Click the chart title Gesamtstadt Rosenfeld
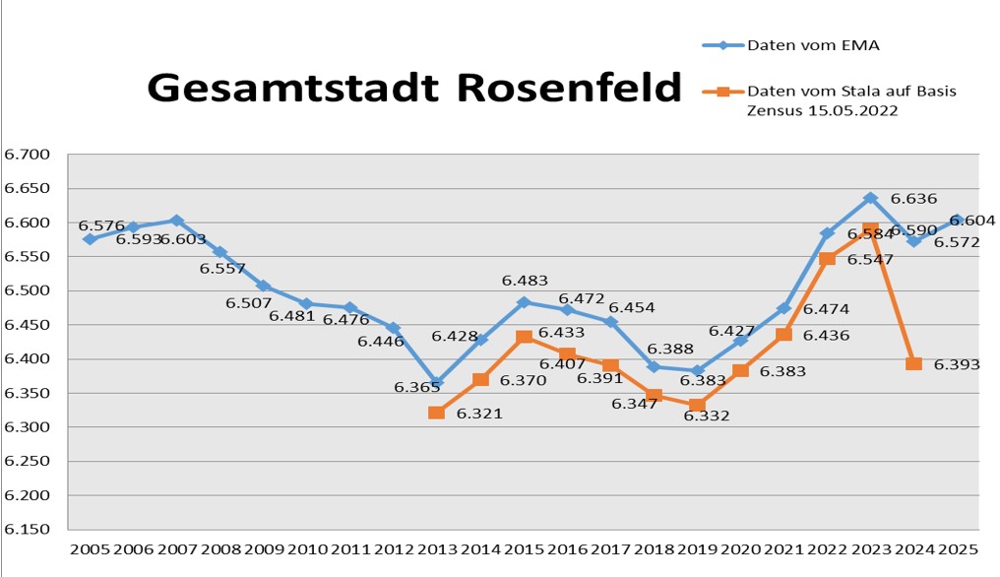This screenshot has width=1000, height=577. tap(413, 88)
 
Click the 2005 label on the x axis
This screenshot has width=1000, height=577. tap(90, 548)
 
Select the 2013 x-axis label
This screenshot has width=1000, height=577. tap(437, 548)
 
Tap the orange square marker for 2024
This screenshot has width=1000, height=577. tap(913, 363)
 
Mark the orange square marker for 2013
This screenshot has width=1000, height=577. tap(436, 413)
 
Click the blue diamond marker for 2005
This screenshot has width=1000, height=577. tap(90, 239)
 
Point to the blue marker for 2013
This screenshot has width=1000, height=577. tap(436, 382)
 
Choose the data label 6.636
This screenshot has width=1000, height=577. tap(913, 198)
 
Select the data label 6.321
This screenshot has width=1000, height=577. tap(479, 414)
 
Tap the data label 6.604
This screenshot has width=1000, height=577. tap(972, 221)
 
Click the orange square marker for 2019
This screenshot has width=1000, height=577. tap(697, 405)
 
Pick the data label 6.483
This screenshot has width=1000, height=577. tap(525, 281)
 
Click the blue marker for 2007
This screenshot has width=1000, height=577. tap(176, 221)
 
